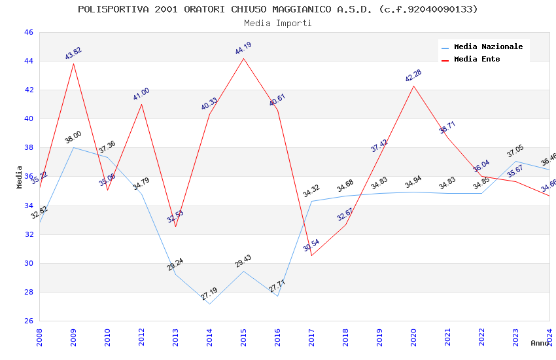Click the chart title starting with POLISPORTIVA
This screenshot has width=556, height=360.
click(277, 9)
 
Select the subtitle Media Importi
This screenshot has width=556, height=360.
click(277, 23)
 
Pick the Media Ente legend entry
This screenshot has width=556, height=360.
click(477, 59)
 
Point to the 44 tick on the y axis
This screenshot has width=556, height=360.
click(28, 61)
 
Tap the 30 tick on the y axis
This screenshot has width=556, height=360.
click(28, 263)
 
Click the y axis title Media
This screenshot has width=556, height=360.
click(19, 177)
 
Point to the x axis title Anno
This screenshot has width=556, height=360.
click(540, 343)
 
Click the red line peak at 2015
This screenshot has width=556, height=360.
click(243, 58)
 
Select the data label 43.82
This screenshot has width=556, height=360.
click(73, 54)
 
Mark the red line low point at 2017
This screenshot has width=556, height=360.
click(311, 255)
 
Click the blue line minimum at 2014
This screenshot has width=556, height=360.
click(209, 304)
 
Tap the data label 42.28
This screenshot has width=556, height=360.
click(413, 76)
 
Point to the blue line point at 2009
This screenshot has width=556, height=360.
click(73, 147)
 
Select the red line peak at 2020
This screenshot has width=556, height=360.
click(413, 86)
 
